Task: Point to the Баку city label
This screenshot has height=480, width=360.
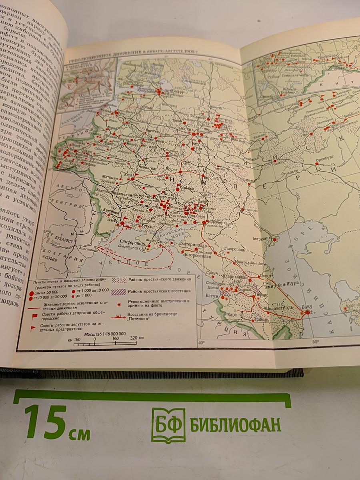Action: click(307, 307)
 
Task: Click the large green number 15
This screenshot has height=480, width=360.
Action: click(45, 422)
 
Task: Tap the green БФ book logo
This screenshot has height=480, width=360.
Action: click(168, 425)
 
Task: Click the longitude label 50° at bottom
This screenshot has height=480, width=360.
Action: click(316, 342)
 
